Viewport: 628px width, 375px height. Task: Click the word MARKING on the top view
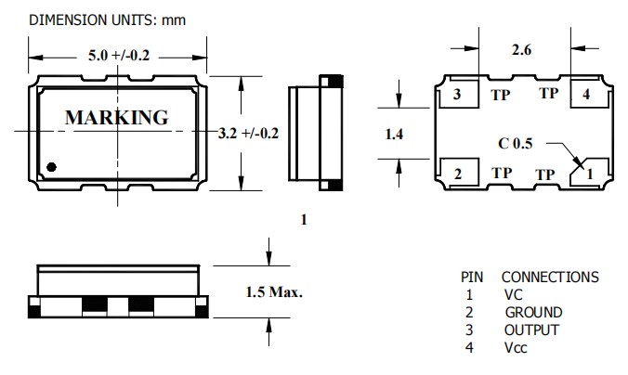(116, 118)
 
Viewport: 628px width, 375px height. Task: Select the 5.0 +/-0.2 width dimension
(118, 56)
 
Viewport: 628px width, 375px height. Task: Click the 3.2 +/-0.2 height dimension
(248, 134)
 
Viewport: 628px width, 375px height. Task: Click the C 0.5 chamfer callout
(517, 144)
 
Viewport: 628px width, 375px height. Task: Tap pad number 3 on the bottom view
(456, 95)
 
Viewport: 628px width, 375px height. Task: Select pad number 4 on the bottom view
(584, 95)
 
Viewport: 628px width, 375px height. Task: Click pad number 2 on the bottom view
(456, 173)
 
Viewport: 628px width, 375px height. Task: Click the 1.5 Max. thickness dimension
(274, 291)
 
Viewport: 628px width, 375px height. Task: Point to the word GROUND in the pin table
(533, 312)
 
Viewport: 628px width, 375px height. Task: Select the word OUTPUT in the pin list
(531, 330)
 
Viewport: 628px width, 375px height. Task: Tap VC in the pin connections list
(514, 294)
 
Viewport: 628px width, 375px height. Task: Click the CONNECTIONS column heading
(549, 277)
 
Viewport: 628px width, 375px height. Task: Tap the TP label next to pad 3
(502, 94)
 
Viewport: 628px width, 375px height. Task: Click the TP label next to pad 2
(502, 173)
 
